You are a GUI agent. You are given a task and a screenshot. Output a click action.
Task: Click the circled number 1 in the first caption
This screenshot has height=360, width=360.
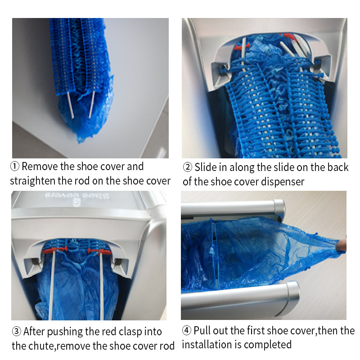pyautogui.click(x=15, y=166)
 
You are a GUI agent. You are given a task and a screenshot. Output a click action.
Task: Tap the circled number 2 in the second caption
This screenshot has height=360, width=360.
pyautogui.click(x=187, y=167)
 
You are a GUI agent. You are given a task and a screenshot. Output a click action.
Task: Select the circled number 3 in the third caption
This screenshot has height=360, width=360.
pyautogui.click(x=17, y=332)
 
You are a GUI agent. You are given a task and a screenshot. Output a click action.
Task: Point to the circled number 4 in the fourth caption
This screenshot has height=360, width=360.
pyautogui.click(x=187, y=331)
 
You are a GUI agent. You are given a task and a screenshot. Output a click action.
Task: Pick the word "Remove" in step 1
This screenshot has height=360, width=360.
pyautogui.click(x=40, y=166)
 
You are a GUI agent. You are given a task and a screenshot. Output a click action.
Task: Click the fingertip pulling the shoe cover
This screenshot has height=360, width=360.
pyautogui.click(x=342, y=245)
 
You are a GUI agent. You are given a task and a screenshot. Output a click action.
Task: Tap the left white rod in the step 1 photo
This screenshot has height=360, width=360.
pyautogui.click(x=70, y=105)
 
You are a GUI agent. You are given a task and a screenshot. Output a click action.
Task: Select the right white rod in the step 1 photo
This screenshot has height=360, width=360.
pyautogui.click(x=92, y=105)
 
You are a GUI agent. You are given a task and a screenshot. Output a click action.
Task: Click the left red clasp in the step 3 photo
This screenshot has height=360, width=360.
pyautogui.click(x=54, y=250)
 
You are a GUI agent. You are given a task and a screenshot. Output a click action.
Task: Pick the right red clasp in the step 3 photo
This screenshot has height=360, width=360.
pyautogui.click(x=99, y=251)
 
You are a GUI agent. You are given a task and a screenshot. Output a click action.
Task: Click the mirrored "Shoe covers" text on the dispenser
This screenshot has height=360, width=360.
pyautogui.click(x=77, y=196)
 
